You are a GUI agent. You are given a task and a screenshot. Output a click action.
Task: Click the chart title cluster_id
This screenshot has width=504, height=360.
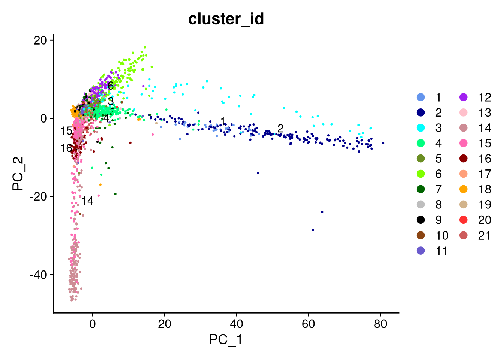(226, 19)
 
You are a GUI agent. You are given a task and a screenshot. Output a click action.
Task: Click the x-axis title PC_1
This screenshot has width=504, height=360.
(226, 339)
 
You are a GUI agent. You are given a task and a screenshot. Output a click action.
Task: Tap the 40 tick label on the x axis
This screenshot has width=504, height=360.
(236, 324)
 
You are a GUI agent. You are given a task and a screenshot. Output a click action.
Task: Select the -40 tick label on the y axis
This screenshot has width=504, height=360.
(39, 275)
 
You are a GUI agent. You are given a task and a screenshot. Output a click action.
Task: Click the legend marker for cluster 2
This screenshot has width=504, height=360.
(421, 113)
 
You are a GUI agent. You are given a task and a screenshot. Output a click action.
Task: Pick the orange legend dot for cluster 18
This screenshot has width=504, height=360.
(463, 189)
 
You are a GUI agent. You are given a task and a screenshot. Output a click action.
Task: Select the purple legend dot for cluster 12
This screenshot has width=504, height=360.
(463, 97)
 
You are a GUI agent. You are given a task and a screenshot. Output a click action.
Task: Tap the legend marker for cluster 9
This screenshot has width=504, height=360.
(421, 220)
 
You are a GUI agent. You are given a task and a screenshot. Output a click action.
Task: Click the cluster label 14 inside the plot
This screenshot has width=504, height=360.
(87, 201)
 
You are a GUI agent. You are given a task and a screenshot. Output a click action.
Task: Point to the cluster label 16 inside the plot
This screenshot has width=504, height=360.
(66, 148)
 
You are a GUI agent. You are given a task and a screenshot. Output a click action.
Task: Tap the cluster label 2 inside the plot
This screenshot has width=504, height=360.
(280, 128)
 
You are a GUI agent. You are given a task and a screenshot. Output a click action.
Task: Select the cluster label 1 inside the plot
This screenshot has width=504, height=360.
(223, 121)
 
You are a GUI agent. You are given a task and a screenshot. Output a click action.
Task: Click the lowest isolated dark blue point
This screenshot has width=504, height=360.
(313, 230)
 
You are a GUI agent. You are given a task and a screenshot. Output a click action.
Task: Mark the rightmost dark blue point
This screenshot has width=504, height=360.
(383, 143)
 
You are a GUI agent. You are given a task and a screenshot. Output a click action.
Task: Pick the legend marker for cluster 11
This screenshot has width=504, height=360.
(421, 250)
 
